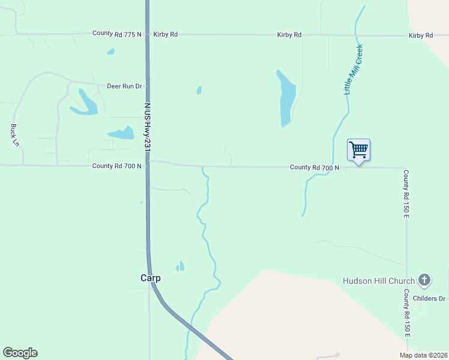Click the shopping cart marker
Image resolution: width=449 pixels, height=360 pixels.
coord(358,149)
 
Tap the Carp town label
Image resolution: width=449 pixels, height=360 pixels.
coord(151,278)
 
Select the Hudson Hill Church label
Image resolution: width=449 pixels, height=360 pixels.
coord(378,281)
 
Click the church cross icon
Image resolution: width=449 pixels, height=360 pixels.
coord(424,280)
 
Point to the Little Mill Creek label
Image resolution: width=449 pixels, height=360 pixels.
coord(353,70)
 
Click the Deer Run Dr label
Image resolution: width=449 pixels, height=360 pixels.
coord(124,86)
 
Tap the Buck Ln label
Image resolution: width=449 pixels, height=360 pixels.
coord(14,135)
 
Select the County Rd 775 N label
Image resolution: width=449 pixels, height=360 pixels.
coord(116,34)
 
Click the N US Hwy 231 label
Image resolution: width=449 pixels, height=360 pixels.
coord(146,127)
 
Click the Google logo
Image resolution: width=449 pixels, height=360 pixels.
coord(20,353)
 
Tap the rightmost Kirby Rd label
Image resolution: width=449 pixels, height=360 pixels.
coord(421,35)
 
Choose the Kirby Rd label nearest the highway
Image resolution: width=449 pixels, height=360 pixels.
coord(166,34)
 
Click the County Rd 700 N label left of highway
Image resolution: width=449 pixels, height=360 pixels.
coord(116,166)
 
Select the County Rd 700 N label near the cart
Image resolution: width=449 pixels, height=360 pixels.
coord(315,167)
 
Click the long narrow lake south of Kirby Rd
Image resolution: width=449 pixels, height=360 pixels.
coord(287,99)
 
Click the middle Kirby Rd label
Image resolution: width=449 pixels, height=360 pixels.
coord(289,35)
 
